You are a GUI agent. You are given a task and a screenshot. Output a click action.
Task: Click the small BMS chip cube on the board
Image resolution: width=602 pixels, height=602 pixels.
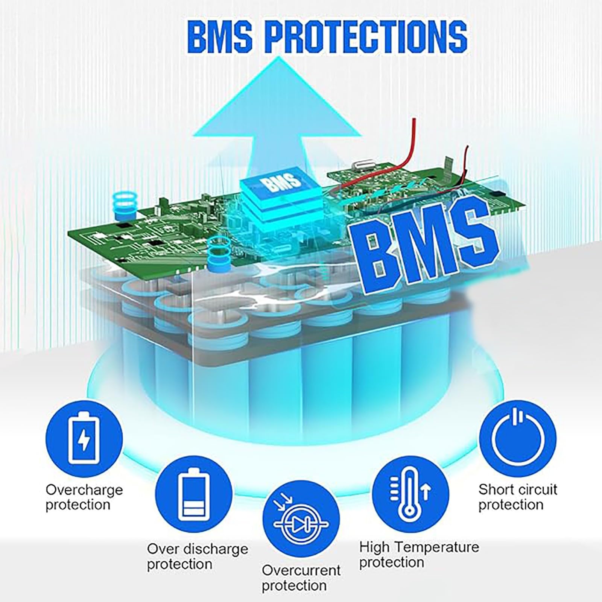coord(282,205)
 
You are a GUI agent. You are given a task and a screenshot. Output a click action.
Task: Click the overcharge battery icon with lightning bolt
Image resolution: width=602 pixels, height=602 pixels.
coord(84,439)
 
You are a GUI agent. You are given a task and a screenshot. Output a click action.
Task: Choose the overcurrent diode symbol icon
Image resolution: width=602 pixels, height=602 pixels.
coord(301,524)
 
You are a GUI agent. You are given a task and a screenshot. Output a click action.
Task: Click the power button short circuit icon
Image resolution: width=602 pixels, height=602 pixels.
coord(518,439)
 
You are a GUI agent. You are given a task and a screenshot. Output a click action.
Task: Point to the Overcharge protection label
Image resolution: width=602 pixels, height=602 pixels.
coord(84,497)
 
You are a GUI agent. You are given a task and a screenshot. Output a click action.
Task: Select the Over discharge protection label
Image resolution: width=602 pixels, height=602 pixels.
coord(198,556)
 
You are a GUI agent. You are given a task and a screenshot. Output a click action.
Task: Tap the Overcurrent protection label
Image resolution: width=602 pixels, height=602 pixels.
coord(301,578)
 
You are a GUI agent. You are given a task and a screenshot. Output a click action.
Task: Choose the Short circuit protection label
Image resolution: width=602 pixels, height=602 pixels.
coord(518,497)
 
